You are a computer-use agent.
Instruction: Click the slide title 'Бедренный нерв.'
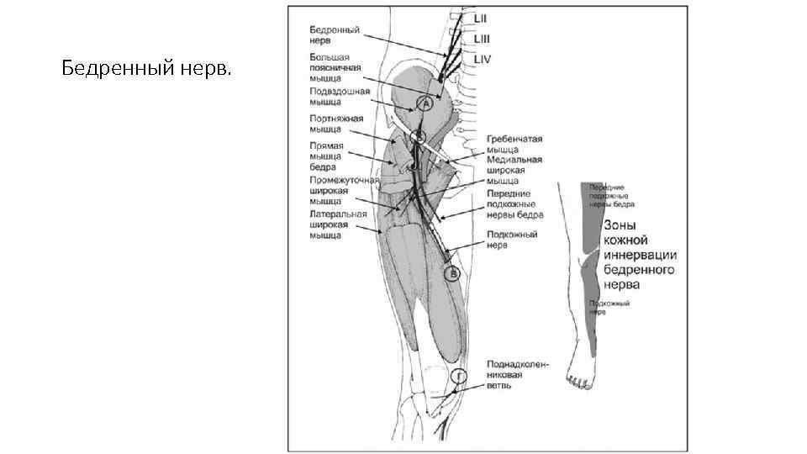click(146, 67)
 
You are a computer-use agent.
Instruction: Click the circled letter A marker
click(425, 103)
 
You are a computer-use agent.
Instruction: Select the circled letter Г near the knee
click(459, 376)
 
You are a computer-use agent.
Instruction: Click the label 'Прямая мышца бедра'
click(324, 156)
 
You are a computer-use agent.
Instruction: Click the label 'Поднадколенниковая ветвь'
click(517, 375)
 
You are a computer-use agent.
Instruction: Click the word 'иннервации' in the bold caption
click(639, 256)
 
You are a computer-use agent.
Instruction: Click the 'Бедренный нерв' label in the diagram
click(333, 34)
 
